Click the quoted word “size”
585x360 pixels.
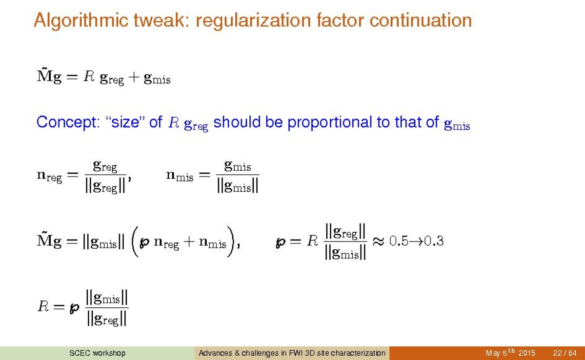125,122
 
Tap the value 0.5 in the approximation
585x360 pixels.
399,241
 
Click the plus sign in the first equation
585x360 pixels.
133,78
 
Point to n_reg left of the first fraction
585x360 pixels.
49,176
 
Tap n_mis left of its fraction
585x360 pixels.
180,175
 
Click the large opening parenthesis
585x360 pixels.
135,241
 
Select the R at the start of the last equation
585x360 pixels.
43,306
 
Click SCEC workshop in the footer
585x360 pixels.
98,353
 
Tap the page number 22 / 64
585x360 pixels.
565,353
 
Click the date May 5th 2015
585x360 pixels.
510,353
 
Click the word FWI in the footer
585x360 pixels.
293,353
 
